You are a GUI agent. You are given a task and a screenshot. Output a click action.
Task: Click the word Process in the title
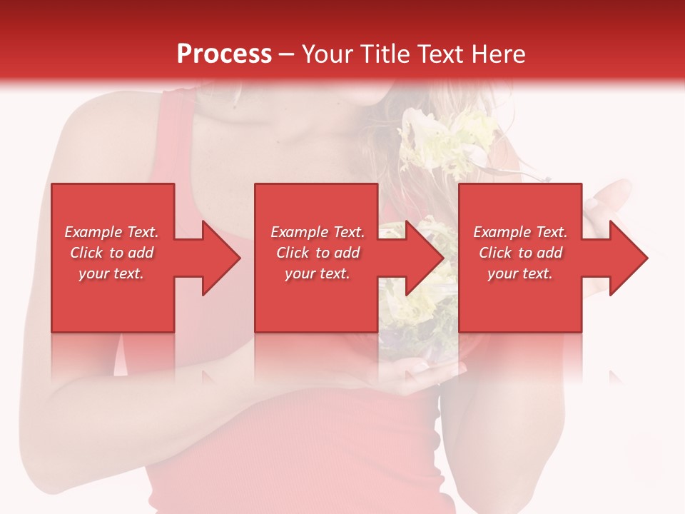pos(224,54)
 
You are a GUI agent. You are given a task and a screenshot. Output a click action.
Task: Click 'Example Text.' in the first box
pos(111,232)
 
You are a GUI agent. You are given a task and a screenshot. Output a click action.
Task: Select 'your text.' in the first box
pos(111,273)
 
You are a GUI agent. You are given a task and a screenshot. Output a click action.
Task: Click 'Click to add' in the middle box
pos(318,253)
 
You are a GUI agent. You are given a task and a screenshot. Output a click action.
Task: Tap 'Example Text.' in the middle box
pos(318,232)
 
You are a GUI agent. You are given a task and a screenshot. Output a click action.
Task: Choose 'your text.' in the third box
pos(520,273)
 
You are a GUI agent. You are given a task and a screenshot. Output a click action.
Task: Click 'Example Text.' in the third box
pos(520,232)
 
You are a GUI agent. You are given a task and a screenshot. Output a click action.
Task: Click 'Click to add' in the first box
pos(111,253)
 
